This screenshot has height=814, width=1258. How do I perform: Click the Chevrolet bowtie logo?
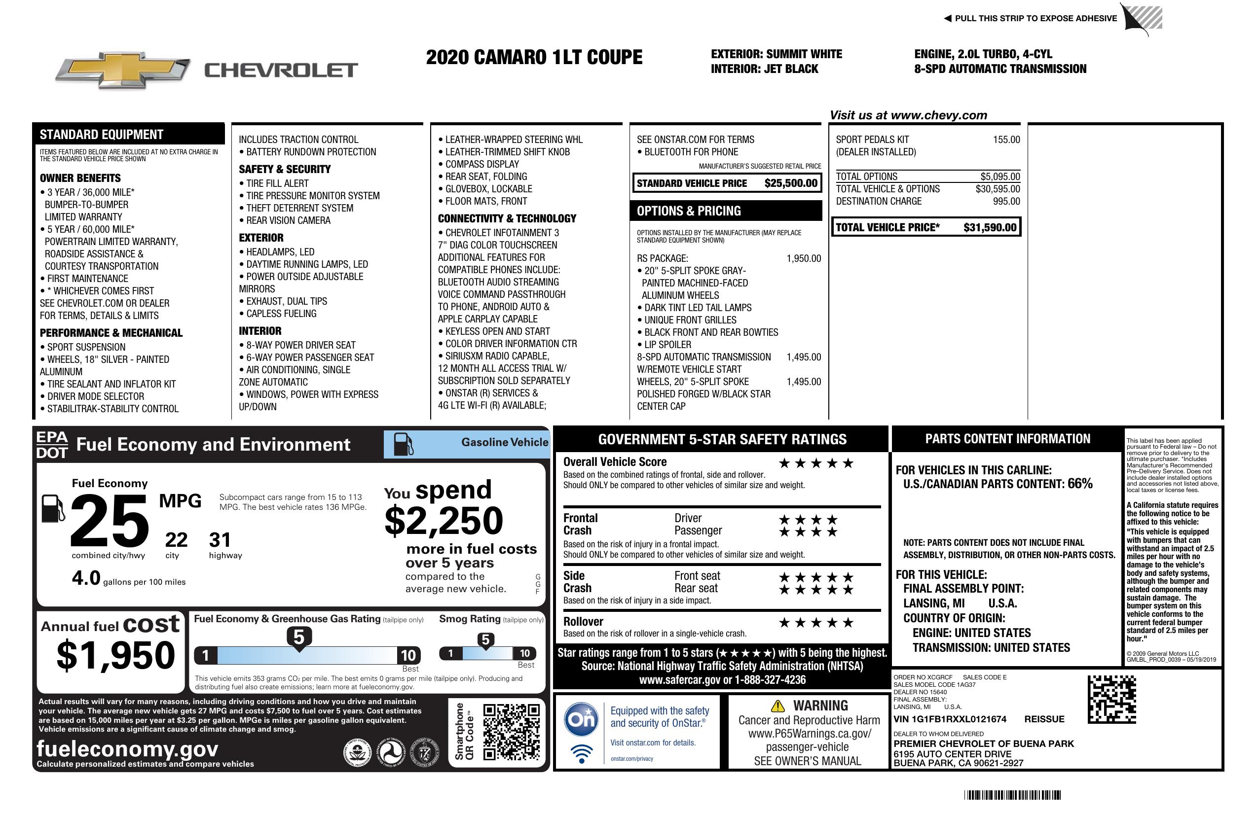point(123,70)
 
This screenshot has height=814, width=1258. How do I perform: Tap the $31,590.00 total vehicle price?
point(990,228)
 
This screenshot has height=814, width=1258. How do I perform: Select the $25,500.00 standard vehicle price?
point(791,183)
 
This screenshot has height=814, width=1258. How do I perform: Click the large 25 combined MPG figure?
point(110,521)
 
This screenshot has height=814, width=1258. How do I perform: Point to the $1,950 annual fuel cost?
point(116,656)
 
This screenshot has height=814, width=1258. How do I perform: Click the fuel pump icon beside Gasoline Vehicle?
point(404,444)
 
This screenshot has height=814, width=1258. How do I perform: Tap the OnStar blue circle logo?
point(582,719)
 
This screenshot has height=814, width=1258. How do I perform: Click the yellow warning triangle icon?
point(777,706)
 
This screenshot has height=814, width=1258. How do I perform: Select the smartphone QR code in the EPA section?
point(511,732)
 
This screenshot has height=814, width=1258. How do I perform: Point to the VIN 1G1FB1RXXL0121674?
point(950,719)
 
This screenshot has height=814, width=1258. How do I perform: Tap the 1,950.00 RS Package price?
point(804,258)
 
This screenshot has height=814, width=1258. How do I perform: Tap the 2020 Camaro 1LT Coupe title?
point(534,58)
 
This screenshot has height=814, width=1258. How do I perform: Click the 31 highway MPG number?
point(220,540)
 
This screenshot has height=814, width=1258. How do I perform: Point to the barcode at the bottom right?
point(1012,795)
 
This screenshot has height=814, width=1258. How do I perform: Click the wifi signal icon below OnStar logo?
point(582,754)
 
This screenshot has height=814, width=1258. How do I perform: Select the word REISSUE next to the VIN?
point(1044,719)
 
